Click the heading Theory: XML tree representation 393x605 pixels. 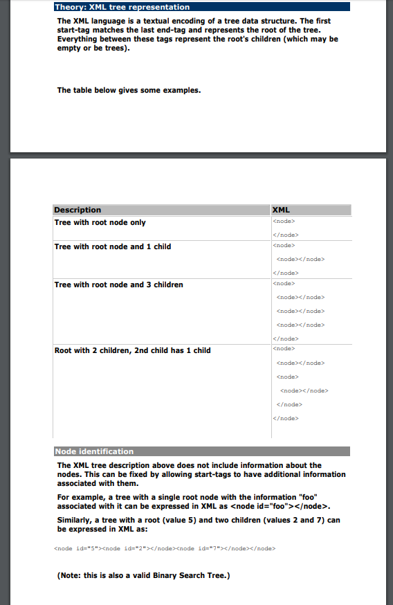[x=122, y=7]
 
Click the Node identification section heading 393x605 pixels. [x=94, y=451]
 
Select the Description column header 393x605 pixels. [x=77, y=210]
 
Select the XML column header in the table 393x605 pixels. [x=282, y=210]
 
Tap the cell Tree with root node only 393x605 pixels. [x=100, y=223]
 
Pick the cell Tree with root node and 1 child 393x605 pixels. [x=112, y=246]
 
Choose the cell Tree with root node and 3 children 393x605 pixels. [x=118, y=285]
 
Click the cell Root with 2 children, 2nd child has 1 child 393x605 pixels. [x=132, y=350]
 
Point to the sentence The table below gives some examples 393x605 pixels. [x=129, y=90]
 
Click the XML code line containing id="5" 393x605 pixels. [x=164, y=548]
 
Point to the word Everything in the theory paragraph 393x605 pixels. [x=79, y=39]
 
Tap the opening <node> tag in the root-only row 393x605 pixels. [x=284, y=222]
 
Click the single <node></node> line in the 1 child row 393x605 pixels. [x=300, y=259]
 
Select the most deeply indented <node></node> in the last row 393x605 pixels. [x=304, y=390]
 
